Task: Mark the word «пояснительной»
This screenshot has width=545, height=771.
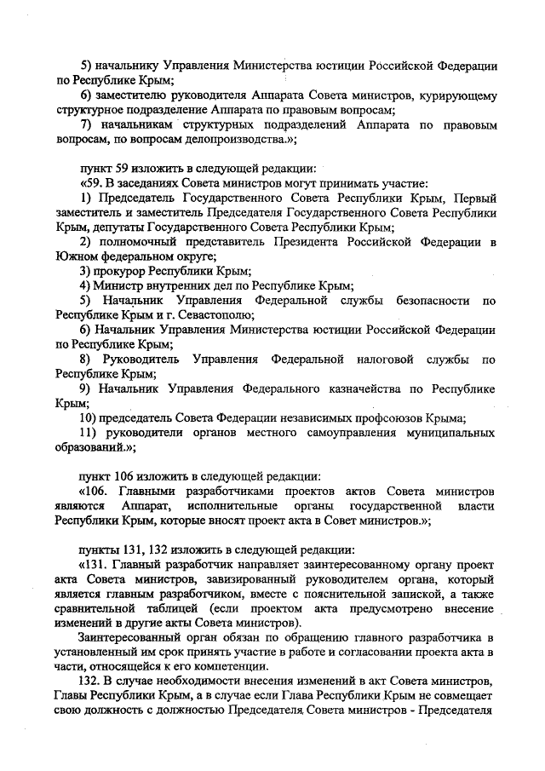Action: pyautogui.click(x=367, y=595)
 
